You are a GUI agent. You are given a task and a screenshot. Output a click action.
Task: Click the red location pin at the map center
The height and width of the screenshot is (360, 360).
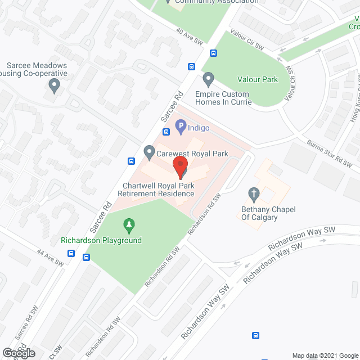pos(180,167)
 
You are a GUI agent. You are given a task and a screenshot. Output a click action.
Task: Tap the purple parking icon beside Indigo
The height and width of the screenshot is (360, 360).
pos(180,128)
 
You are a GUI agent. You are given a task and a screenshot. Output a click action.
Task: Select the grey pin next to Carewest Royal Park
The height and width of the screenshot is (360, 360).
pos(149,151)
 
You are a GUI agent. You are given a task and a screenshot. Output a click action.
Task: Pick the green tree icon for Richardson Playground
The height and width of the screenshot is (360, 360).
pos(129,227)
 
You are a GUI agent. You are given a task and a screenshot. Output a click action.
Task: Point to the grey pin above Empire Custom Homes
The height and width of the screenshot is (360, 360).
pos(209,78)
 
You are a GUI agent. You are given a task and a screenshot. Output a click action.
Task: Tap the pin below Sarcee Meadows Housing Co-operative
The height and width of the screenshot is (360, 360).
pos(55,86)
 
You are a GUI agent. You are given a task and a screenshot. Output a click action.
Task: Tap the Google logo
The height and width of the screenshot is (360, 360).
pos(18,353)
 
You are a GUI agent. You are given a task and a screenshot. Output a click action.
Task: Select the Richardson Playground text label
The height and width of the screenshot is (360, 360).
pos(101,241)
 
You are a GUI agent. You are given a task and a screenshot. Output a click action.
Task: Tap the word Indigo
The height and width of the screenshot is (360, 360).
pos(199,128)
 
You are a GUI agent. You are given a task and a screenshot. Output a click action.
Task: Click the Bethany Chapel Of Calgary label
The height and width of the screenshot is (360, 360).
pos(268,214)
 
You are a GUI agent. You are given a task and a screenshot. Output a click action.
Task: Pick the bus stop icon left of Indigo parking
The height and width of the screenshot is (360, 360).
pos(166,132)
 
